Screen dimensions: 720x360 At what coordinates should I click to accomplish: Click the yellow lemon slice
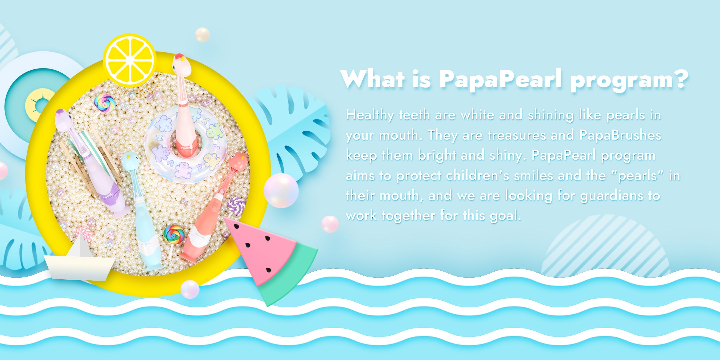[x=130, y=60]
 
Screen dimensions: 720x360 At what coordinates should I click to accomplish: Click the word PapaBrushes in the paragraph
[x=620, y=135]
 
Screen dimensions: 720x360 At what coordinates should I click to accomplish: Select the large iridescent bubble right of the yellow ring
[x=281, y=190]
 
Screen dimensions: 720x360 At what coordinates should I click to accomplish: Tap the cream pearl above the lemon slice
[x=202, y=35]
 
